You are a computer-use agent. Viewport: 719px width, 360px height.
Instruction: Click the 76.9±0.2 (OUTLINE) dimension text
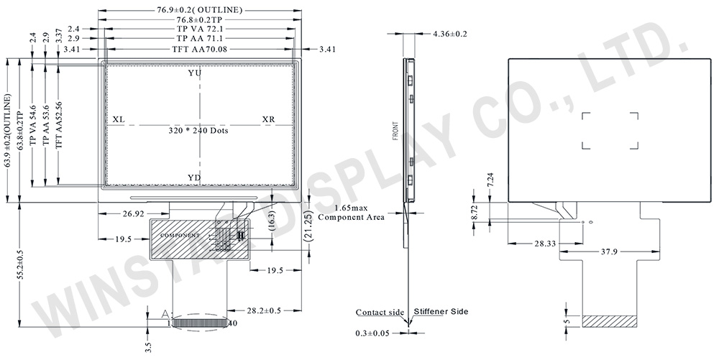tap(200, 9)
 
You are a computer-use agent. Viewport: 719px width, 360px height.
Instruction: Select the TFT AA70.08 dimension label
tap(200, 49)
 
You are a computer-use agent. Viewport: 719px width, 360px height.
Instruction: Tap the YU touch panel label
tap(194, 74)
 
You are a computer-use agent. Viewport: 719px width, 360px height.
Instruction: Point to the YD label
tap(194, 177)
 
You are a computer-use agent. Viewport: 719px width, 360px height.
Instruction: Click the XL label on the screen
tap(119, 119)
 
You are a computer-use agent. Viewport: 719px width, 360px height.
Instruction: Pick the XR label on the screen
tap(268, 119)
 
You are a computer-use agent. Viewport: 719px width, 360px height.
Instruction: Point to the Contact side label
tap(379, 312)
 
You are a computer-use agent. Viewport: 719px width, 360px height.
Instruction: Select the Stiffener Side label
tap(441, 311)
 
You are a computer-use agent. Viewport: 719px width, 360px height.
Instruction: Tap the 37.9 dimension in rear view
tap(609, 252)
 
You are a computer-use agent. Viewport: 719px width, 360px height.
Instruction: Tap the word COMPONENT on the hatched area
tap(179, 236)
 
